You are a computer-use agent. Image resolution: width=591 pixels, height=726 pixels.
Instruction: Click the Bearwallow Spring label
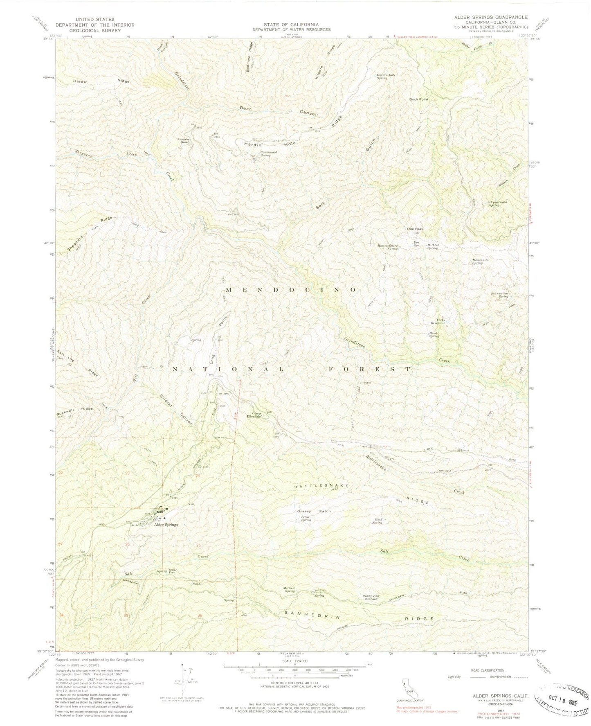(x=499, y=295)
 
